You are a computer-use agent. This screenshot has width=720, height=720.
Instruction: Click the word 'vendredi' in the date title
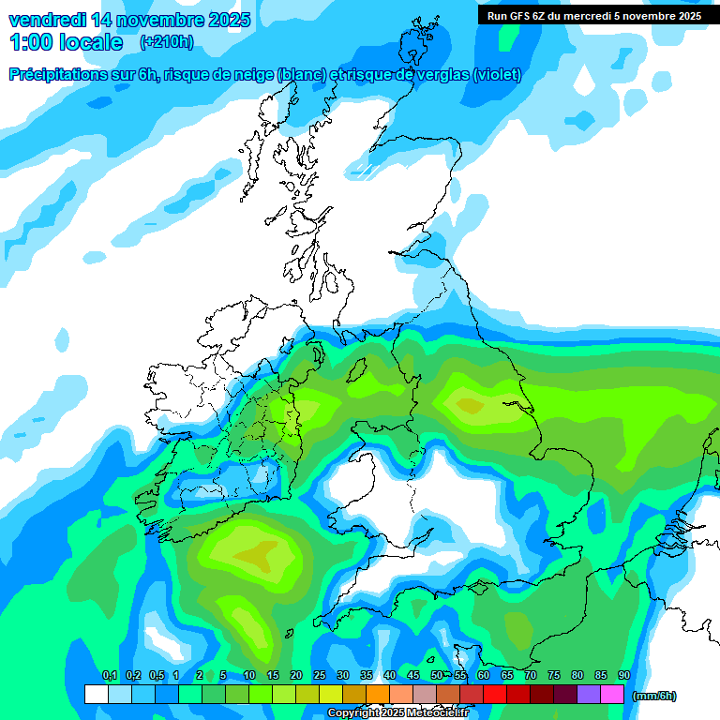46,20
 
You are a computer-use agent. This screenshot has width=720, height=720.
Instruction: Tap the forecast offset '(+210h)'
167,41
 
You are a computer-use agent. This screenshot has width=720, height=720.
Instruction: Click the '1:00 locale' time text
66,42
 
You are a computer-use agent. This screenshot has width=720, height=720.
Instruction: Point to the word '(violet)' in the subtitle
498,75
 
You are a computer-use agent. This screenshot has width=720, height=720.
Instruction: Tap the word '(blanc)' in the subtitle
299,75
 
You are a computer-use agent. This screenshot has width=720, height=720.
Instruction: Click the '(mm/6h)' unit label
653,696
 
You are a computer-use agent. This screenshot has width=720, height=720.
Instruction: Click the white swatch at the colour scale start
97,694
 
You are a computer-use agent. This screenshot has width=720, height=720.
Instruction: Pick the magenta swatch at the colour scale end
612,694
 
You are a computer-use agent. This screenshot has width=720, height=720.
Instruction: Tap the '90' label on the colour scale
623,675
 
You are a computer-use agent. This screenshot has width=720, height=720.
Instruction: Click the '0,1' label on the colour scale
109,675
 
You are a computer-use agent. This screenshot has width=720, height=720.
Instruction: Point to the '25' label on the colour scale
320,675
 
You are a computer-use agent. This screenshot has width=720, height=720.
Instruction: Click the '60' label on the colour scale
484,675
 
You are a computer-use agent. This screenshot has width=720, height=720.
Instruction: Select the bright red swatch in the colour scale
495,694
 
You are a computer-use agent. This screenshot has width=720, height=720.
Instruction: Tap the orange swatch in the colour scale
378,694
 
